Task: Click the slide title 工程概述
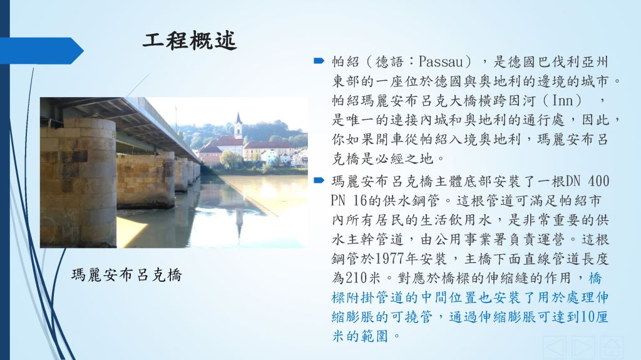(x=190, y=41)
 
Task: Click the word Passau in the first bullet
(x=440, y=62)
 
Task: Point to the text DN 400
(x=587, y=181)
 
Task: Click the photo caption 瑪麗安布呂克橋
(x=126, y=275)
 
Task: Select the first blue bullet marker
(x=319, y=61)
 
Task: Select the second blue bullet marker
(x=319, y=180)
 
